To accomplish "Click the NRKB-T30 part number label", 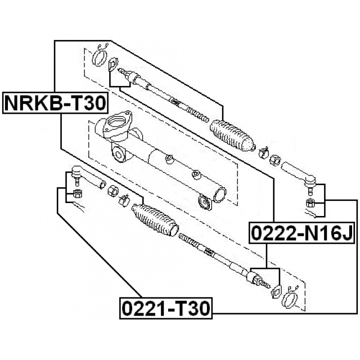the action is point(55,103).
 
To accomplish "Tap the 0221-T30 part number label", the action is point(166,308).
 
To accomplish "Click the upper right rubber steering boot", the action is point(232,136).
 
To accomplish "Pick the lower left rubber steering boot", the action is point(155,220).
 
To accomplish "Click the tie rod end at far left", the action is point(88,177).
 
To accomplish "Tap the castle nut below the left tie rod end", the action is point(77,193).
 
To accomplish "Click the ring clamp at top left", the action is point(100,58).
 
